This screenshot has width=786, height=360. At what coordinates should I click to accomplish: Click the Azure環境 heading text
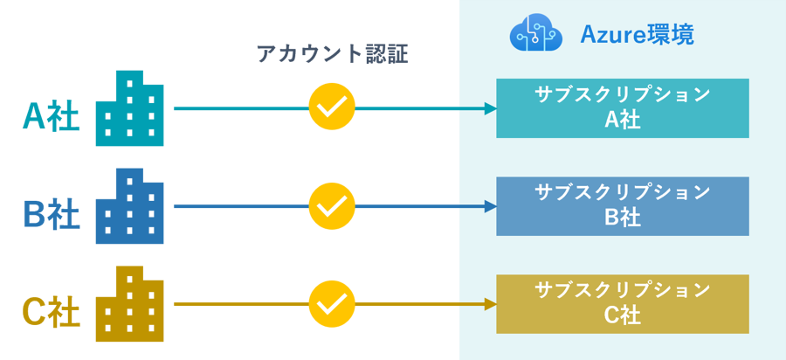[x=638, y=35]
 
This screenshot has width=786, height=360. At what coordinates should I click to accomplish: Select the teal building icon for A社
[x=128, y=108]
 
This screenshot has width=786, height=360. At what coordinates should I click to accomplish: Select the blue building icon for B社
[x=128, y=206]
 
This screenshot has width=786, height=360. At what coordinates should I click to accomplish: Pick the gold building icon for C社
[x=128, y=304]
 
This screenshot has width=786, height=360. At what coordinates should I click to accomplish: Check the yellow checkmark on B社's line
[x=332, y=206]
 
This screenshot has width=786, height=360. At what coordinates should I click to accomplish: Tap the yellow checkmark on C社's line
[x=332, y=304]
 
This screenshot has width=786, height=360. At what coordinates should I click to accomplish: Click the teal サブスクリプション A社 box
[x=623, y=108]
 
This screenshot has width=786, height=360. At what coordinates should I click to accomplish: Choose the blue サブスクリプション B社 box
[x=623, y=206]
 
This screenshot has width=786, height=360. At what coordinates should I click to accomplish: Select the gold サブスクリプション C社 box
[x=623, y=304]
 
